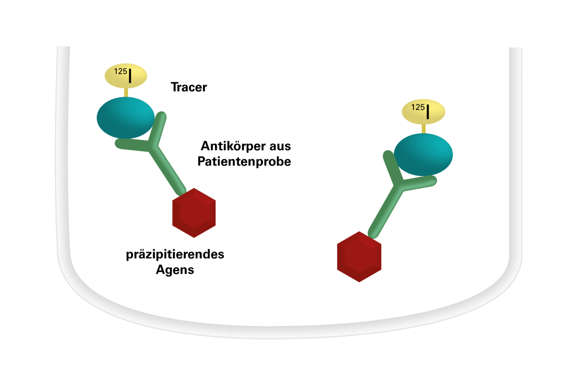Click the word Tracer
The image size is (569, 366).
tap(189, 87)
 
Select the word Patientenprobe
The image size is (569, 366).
tap(244, 163)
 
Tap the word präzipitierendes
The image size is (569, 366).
tap(175, 255)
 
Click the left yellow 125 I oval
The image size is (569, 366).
tap(126, 77)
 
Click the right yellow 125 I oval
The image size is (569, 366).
tap(423, 112)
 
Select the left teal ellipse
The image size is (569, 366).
tap(124, 117)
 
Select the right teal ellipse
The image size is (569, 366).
tap(423, 154)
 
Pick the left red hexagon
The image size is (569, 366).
tap(194, 213)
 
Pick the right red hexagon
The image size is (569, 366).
tap(359, 256)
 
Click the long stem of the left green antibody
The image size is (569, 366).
tap(169, 172)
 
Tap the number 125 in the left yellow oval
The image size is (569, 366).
tap(120, 72)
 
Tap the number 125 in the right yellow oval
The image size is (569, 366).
tap(418, 107)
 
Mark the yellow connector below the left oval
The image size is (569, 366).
tap(126, 93)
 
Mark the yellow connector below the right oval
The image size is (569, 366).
tap(424, 128)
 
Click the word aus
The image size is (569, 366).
tap(281, 147)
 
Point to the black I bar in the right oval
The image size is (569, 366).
tap(428, 112)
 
